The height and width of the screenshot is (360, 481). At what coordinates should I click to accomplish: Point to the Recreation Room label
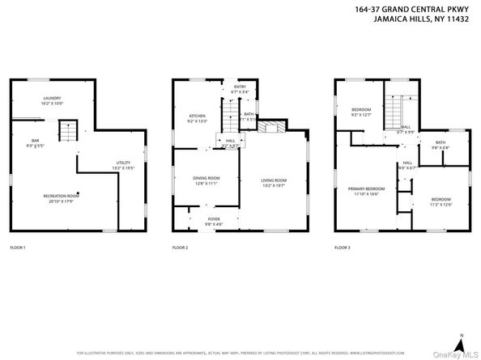(62, 197)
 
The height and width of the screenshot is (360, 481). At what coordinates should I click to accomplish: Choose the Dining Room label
(206, 180)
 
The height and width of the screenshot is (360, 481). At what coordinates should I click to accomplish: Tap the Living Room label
(273, 182)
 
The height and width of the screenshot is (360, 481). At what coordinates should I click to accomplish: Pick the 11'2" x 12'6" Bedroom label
(440, 201)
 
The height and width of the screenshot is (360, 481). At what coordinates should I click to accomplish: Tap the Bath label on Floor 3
(440, 145)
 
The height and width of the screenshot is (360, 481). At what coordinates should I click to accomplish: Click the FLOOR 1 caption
(18, 247)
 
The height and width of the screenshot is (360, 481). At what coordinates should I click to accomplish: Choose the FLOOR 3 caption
(343, 247)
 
